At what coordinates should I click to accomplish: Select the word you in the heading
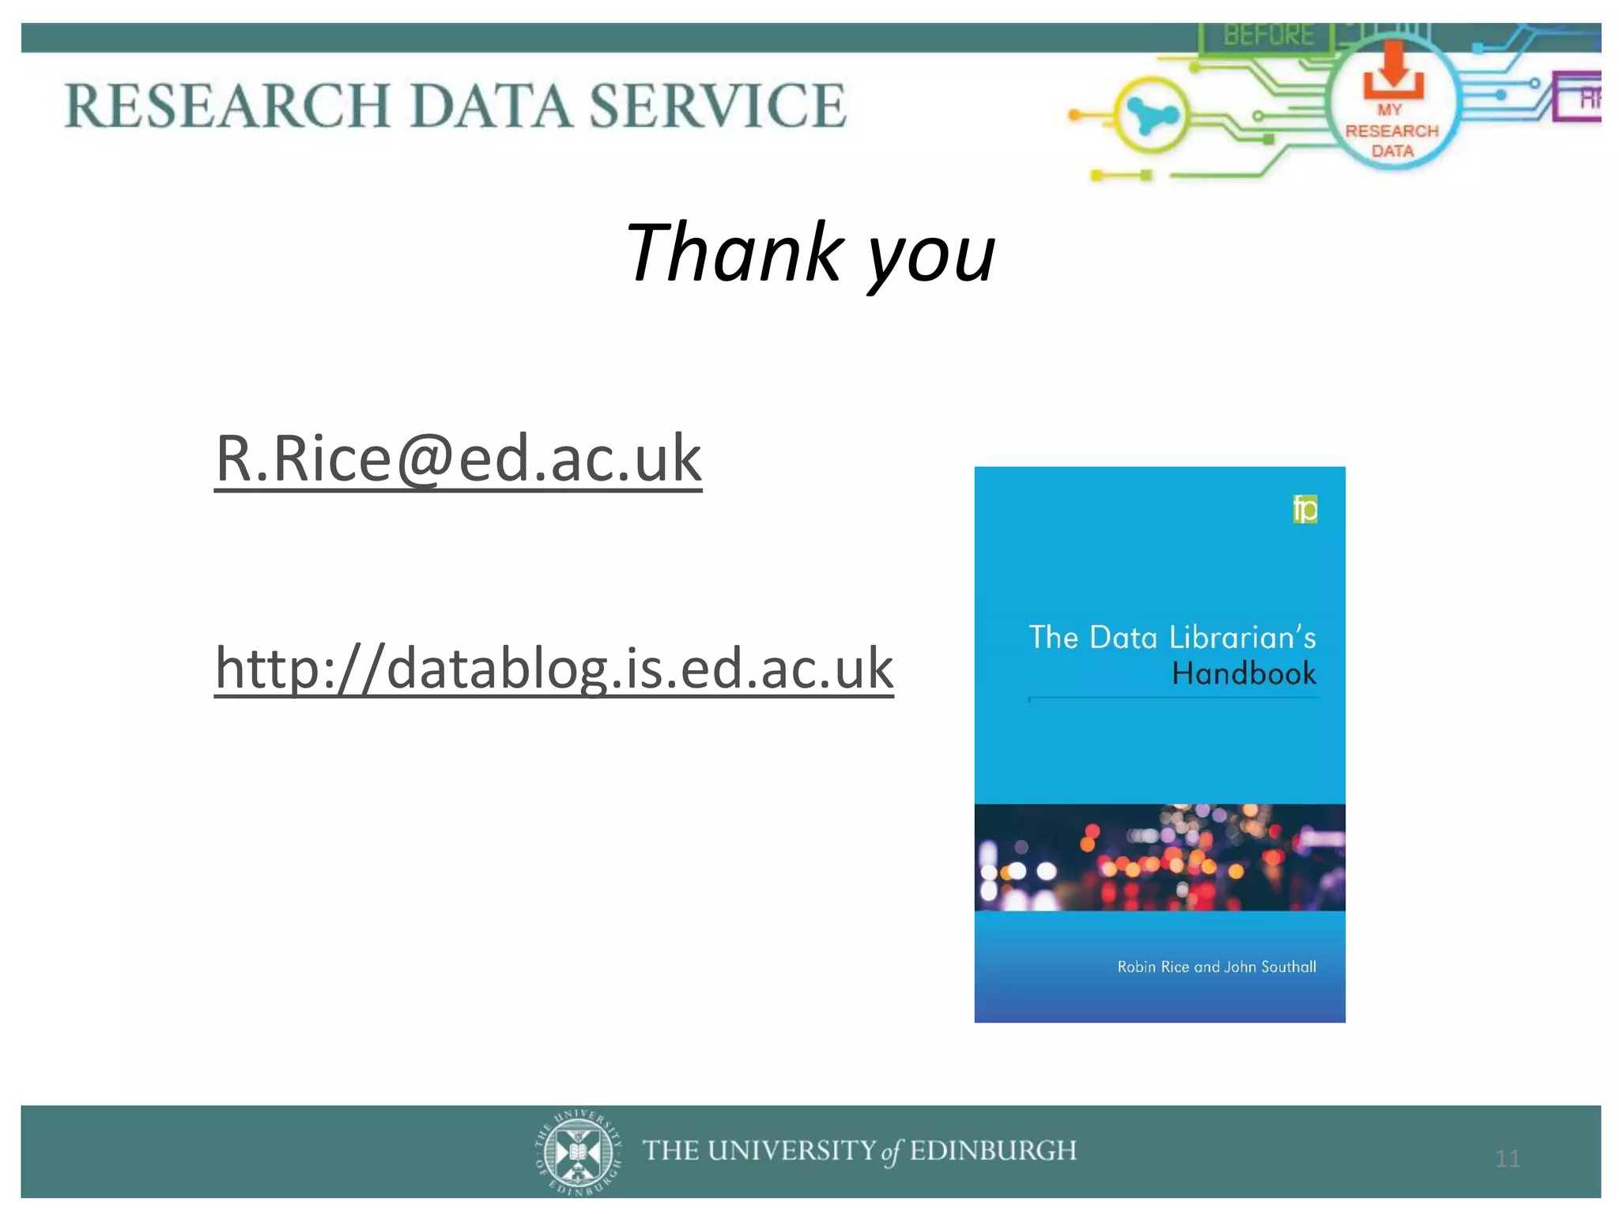[x=932, y=256]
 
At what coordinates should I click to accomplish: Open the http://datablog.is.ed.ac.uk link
[x=553, y=669]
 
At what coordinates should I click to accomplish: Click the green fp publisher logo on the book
[x=1305, y=509]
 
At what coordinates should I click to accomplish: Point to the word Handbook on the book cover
[x=1243, y=674]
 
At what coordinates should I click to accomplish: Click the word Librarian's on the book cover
[x=1242, y=637]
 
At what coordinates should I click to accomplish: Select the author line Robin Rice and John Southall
[x=1216, y=967]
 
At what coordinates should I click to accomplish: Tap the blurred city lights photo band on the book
[x=1160, y=858]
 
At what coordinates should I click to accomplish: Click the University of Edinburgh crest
[x=578, y=1152]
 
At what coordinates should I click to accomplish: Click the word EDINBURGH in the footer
[x=993, y=1151]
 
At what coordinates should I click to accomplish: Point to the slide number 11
[x=1508, y=1159]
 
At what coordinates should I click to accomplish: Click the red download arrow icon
[x=1393, y=70]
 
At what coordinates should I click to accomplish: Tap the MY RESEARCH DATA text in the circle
[x=1391, y=131]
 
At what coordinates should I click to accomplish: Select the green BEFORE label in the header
[x=1268, y=36]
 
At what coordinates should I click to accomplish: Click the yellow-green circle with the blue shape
[x=1151, y=115]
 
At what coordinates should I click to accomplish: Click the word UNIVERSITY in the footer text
[x=792, y=1151]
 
